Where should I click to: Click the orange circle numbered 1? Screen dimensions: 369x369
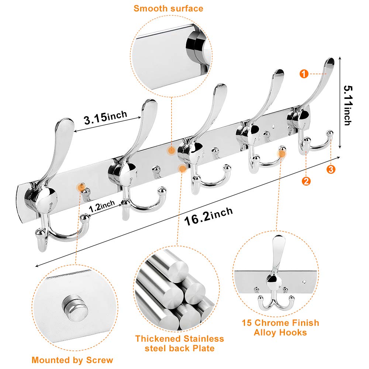point(303,74)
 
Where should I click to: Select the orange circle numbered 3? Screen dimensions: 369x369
point(331,169)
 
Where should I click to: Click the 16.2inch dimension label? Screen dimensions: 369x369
point(208,217)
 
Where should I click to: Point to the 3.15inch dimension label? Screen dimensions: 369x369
point(105,118)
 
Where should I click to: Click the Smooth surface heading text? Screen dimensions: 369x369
point(168,8)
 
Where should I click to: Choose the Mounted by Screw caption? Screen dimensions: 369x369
point(72,360)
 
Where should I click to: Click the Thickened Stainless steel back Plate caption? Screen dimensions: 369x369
point(179,343)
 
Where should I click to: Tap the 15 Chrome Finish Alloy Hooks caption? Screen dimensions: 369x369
point(280,328)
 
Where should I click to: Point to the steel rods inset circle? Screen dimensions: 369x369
point(173,290)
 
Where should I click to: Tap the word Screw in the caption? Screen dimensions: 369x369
point(100,360)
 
